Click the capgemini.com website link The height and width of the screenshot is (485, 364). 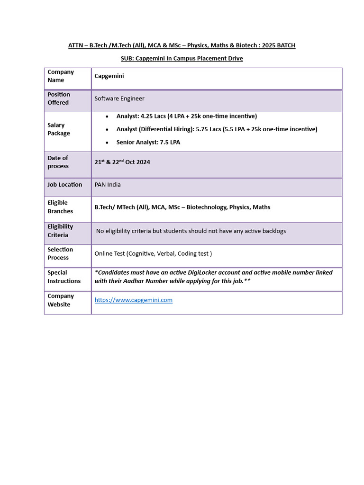coord(133,300)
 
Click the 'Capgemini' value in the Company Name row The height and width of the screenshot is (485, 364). coord(109,76)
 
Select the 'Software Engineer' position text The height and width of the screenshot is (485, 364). coord(119,99)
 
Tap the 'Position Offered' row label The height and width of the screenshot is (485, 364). coord(59,99)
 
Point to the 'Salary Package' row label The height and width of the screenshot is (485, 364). coord(59,129)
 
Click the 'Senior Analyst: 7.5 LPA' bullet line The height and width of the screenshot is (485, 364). coord(148,143)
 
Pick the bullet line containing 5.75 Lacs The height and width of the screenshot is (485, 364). coord(217,129)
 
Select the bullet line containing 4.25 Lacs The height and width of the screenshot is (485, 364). coord(187,117)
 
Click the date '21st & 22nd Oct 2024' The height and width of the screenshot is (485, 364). coord(122,162)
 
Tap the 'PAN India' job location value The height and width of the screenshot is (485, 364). coord(108,185)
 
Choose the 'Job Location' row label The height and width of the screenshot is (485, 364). coord(65,185)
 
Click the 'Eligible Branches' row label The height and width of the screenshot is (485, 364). coord(60,207)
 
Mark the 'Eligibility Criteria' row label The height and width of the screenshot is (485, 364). coord(60,231)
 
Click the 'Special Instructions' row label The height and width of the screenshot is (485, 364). coord(64,277)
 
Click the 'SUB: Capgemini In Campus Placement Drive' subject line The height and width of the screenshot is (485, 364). coord(182,59)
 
